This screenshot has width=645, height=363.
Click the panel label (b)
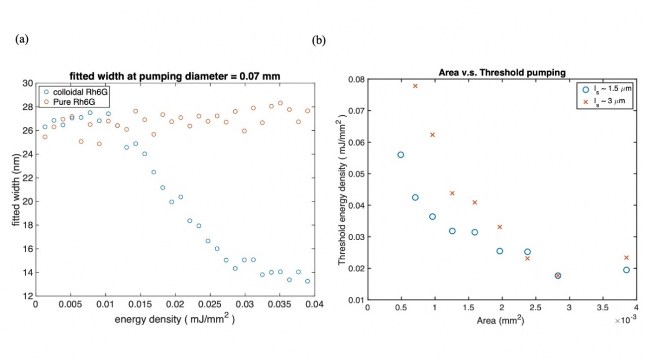click(x=319, y=40)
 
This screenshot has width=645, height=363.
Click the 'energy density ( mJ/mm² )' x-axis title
click(x=175, y=319)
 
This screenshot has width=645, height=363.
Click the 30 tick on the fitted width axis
click(x=28, y=83)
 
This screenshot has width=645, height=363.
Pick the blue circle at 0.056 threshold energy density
click(x=401, y=155)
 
